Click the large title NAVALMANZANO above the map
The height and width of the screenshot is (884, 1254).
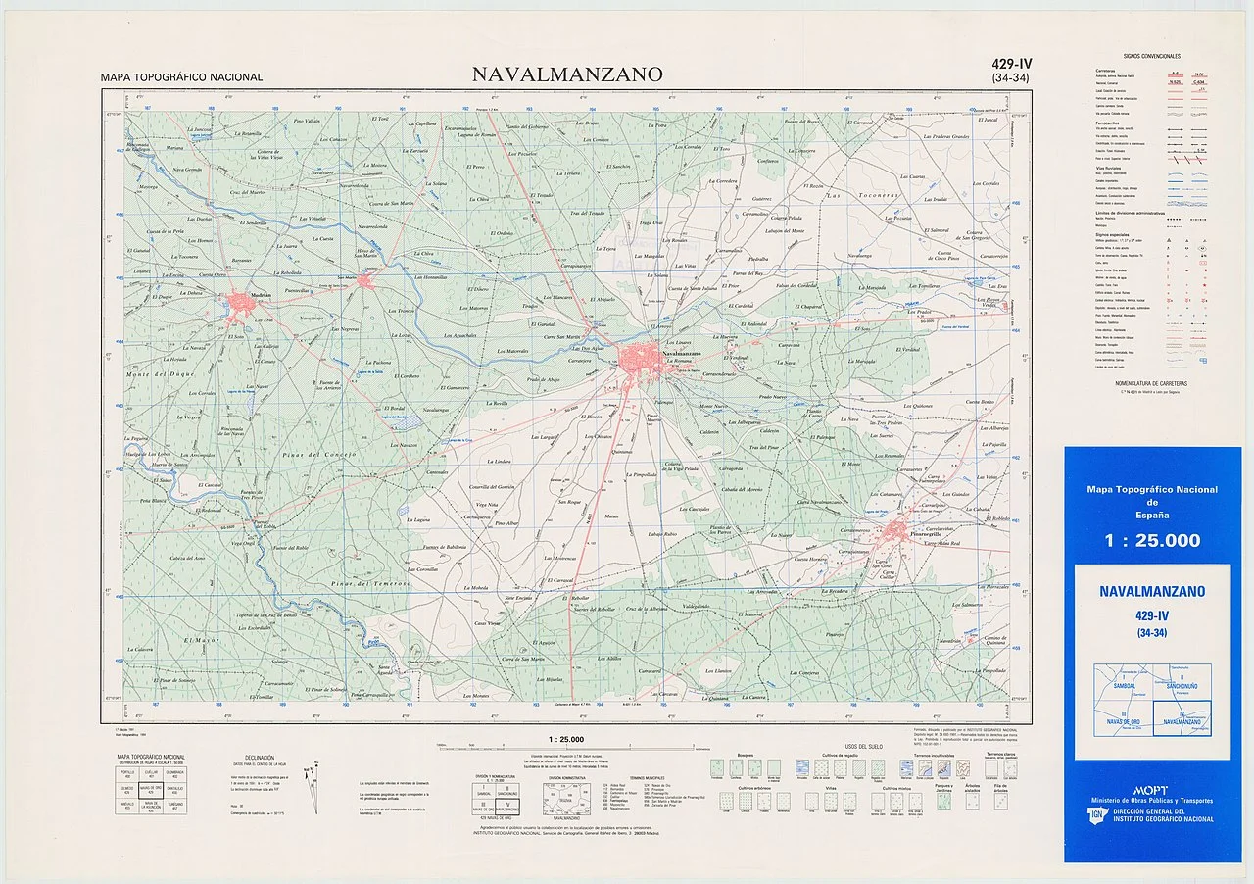click(x=566, y=74)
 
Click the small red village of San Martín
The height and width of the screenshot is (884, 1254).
click(x=365, y=282)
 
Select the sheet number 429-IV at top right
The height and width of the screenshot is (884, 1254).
click(x=1011, y=65)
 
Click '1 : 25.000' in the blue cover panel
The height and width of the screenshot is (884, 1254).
click(x=1152, y=540)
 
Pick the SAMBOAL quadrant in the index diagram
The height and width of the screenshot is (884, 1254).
click(x=1123, y=684)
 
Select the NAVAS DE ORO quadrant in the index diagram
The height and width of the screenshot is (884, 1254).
click(x=1123, y=720)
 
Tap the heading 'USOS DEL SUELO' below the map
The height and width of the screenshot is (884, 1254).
click(x=862, y=747)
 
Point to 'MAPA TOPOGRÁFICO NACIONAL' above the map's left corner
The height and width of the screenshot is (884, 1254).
click(x=181, y=77)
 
